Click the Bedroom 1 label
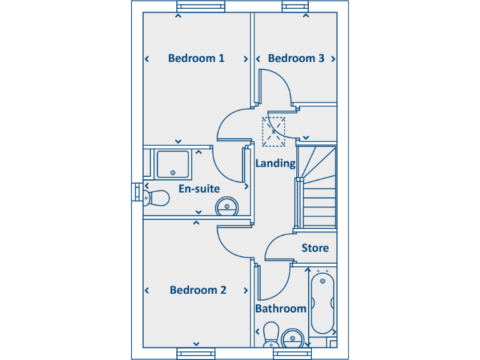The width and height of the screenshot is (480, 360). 196,58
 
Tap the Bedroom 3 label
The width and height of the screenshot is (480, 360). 296,58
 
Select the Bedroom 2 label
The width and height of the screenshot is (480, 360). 197,290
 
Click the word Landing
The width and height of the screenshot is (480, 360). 275,163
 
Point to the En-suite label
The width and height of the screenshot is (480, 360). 199,188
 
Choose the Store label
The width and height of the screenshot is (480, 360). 315,248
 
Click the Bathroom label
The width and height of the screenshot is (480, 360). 281,308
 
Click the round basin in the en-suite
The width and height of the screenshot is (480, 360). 227,206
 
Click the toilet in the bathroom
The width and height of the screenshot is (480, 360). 271,334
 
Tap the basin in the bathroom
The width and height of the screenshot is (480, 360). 292,339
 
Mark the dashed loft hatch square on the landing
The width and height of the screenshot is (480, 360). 274,131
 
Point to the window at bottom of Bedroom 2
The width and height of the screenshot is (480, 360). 196,353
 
